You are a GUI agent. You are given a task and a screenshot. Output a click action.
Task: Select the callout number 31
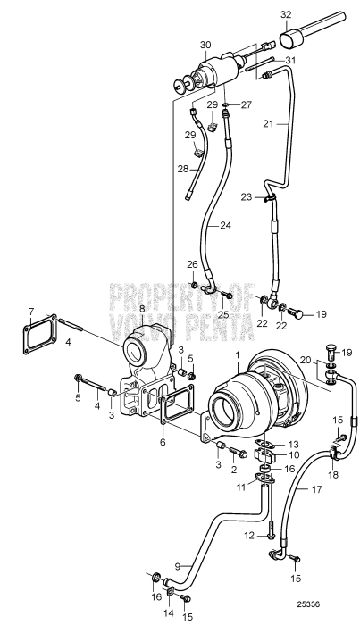point(289,60)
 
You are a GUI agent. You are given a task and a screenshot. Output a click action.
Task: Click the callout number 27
point(247,104)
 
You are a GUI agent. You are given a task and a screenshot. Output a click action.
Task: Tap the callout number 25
point(224,314)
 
